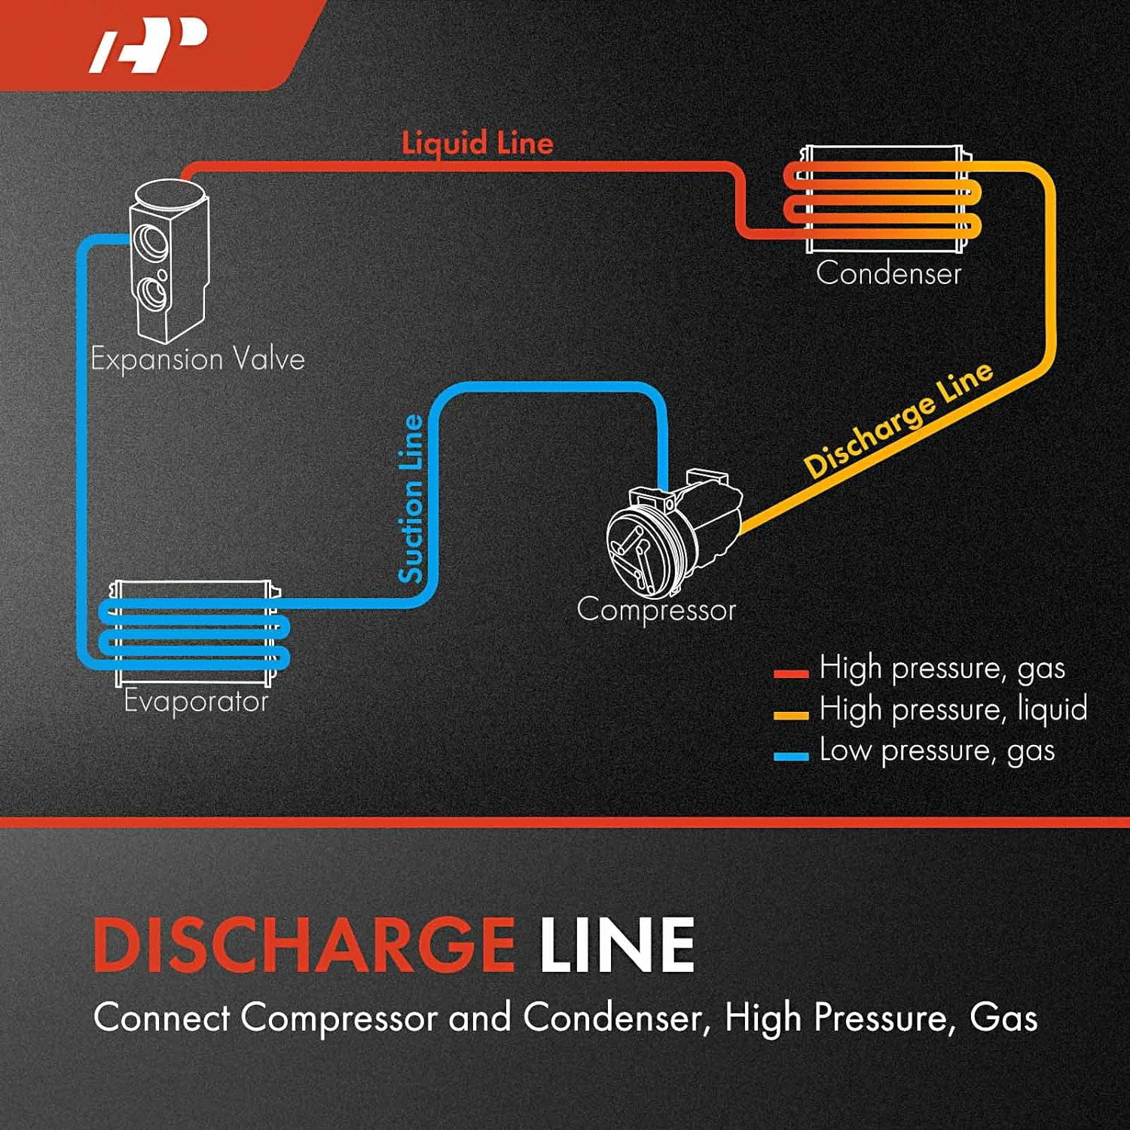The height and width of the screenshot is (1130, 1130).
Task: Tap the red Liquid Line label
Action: click(x=477, y=143)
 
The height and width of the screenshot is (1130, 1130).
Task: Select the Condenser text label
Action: click(x=888, y=273)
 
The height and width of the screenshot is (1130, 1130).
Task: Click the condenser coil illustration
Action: click(x=884, y=200)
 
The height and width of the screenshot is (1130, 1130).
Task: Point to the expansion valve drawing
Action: click(x=167, y=260)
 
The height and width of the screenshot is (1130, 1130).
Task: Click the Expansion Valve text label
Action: click(x=197, y=359)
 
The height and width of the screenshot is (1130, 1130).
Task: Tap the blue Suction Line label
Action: click(x=411, y=499)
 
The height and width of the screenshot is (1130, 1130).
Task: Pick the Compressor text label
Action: click(x=655, y=610)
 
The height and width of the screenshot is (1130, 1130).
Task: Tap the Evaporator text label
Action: click(x=196, y=701)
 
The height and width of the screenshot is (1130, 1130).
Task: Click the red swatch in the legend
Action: click(x=790, y=673)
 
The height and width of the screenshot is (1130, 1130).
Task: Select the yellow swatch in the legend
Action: click(x=790, y=714)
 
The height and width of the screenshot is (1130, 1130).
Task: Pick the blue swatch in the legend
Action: click(x=790, y=756)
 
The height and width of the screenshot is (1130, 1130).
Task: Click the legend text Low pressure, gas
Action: click(x=936, y=751)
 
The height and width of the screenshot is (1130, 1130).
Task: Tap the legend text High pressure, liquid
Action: click(x=953, y=710)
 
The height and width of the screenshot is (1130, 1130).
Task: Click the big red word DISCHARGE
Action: click(x=304, y=945)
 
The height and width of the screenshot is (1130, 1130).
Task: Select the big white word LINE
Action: click(x=617, y=945)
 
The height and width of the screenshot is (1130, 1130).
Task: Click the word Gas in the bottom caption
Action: click(x=1003, y=1017)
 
